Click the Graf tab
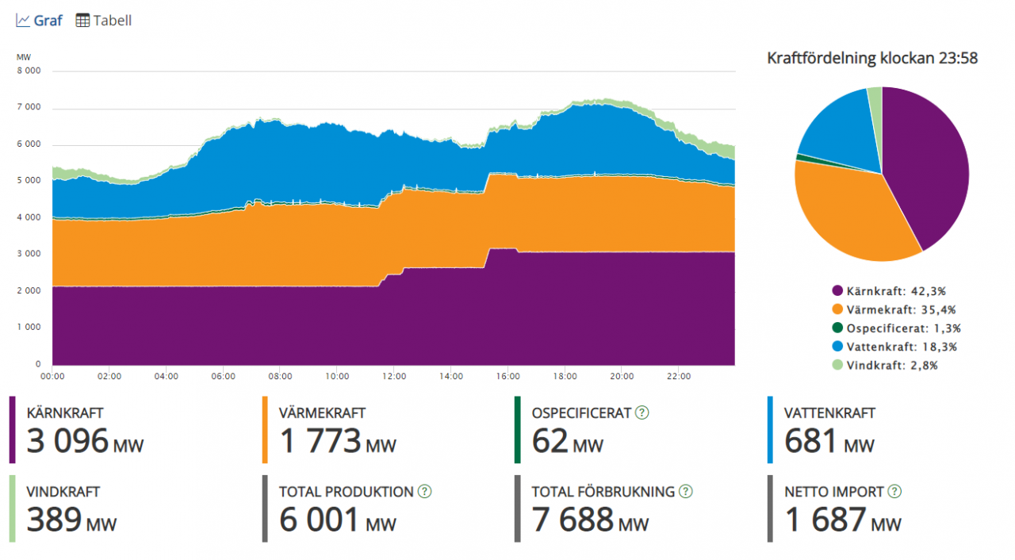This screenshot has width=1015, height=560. (40, 21)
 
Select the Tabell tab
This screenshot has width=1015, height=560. (104, 21)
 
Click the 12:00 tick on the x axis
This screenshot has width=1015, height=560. (394, 377)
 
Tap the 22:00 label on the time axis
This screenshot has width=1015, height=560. (679, 377)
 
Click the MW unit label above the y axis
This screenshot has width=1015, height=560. (23, 56)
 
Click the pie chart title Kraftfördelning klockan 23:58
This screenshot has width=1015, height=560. (872, 58)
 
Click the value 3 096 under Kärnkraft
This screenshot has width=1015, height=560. (67, 441)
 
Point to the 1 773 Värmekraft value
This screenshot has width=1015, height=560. (320, 441)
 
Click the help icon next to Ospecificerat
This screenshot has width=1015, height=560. (642, 412)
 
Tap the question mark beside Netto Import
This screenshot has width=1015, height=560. (894, 492)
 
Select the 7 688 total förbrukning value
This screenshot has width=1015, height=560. (573, 520)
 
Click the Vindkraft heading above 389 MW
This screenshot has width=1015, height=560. (63, 492)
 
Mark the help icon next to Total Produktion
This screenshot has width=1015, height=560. (425, 492)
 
